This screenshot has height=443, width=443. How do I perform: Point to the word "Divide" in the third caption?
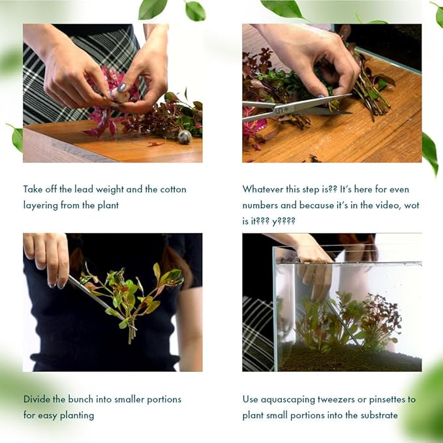click(37, 399)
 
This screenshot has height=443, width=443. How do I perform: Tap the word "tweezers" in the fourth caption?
click(343, 399)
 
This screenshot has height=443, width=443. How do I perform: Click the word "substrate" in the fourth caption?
click(377, 415)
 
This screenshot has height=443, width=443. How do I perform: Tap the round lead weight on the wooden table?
click(185, 136)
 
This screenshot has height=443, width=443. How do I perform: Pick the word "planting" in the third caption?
click(76, 415)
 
